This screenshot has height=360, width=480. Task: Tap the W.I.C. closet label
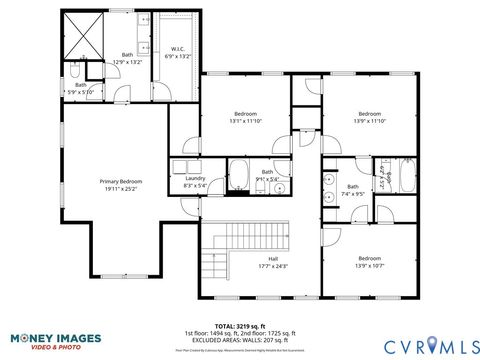tap(178, 52)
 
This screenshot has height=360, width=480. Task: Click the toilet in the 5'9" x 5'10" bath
tap(77, 71)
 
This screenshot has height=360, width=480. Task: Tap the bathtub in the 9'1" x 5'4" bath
tap(240, 174)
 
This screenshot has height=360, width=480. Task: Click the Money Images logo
tap(49, 341)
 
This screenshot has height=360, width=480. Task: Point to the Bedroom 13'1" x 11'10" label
tap(245, 117)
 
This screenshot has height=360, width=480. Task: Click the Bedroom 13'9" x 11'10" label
tap(370, 117)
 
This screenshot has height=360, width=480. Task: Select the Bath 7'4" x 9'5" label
tap(353, 189)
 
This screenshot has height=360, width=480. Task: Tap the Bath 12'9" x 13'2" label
tap(127, 58)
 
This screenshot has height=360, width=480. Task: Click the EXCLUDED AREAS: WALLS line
tap(240, 339)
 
